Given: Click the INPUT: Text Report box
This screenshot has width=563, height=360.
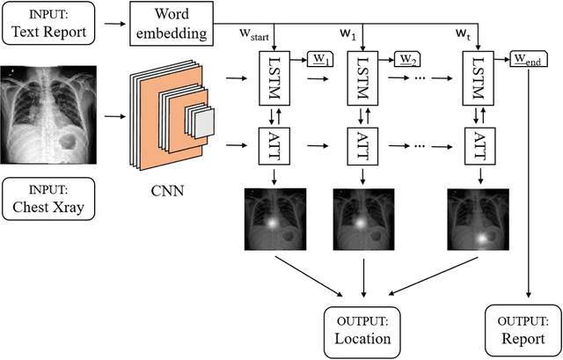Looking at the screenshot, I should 48,26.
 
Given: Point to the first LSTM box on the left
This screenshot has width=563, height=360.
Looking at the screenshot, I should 276,77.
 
